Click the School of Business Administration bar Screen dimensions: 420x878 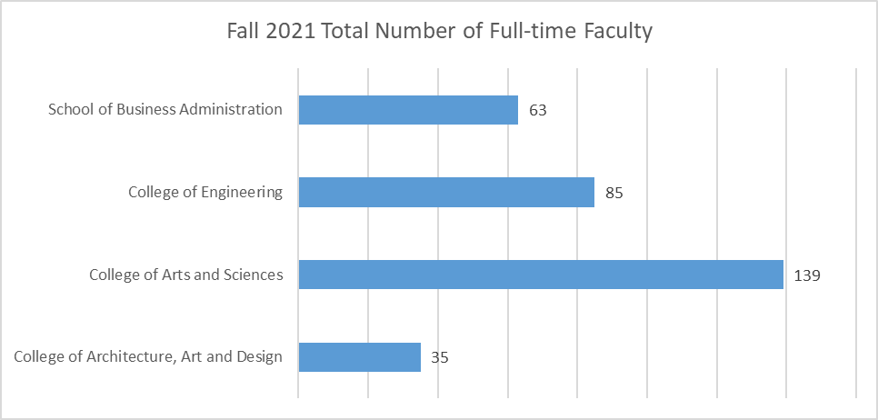tap(408, 110)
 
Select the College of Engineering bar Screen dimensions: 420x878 tap(446, 192)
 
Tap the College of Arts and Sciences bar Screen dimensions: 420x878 tap(541, 275)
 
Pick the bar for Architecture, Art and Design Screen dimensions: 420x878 tap(359, 357)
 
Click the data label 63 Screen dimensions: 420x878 tap(536, 111)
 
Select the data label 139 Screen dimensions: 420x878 tap(806, 275)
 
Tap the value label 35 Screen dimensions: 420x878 tap(439, 357)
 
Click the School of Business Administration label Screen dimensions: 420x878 tap(165, 110)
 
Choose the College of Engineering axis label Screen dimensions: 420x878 tap(205, 192)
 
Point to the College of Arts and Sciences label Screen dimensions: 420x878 tap(185, 275)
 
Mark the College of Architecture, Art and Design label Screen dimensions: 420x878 tap(148, 357)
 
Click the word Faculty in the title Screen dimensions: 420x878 tap(619, 32)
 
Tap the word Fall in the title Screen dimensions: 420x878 tap(242, 32)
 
